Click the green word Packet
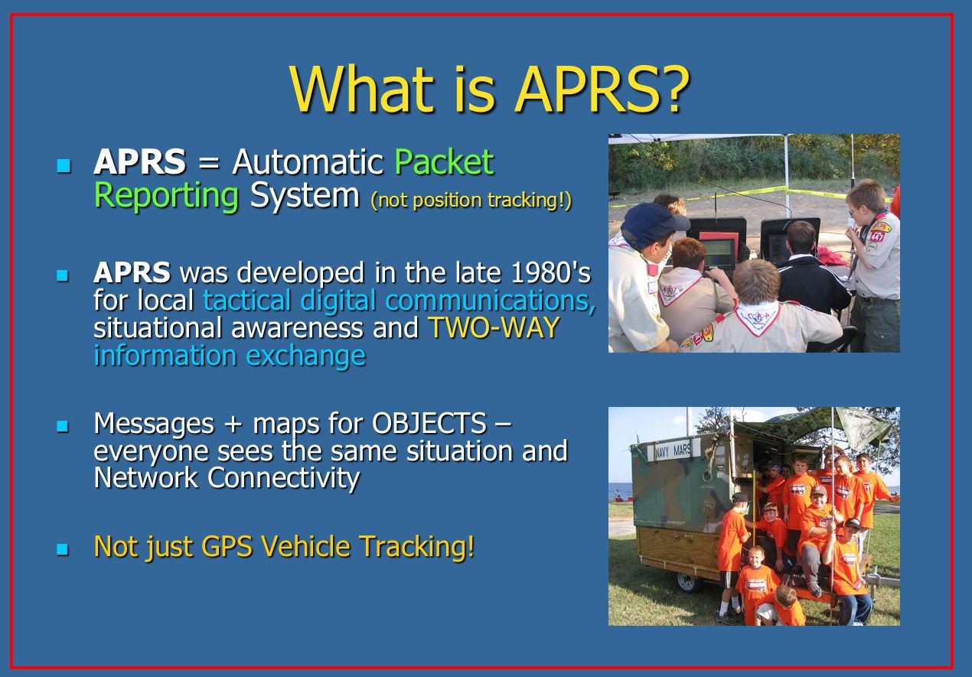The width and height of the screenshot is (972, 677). coord(444,161)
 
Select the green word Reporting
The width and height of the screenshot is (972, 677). coord(166,196)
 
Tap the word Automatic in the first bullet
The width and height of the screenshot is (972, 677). coord(307,161)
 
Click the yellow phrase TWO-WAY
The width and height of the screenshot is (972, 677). coord(494,327)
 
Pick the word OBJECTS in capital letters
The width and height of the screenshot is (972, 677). coord(429,423)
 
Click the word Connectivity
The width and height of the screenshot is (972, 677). coord(283,479)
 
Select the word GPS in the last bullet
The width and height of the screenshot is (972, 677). coord(227,546)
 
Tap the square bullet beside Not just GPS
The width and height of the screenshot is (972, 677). coord(63,549)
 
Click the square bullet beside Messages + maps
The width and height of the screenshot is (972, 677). coord(63,426)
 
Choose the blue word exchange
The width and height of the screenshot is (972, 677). coord(306,356)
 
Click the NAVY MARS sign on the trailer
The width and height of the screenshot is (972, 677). coord(673,451)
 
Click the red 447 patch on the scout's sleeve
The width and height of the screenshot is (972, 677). coord(877,236)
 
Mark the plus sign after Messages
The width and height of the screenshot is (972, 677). coord(233,424)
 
